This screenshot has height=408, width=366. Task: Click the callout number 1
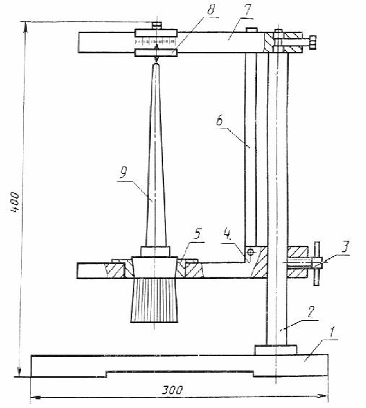[x=332, y=332]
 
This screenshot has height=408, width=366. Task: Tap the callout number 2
[x=311, y=312]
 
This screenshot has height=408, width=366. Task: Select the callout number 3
[x=345, y=247]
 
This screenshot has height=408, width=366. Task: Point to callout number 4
[x=227, y=235]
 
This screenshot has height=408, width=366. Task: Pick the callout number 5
[x=198, y=234]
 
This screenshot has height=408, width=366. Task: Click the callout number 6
[x=220, y=120]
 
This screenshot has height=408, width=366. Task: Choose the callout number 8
[x=211, y=10]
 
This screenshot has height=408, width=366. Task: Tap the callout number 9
[x=123, y=172]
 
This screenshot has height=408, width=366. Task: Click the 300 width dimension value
[x=173, y=390]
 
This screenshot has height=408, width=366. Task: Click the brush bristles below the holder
[x=154, y=300]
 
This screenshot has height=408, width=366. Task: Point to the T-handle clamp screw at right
[x=316, y=263]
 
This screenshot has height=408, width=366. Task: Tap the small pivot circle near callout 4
[x=250, y=252]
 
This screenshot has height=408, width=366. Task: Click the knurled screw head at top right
[x=313, y=42]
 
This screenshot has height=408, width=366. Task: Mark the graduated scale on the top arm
[x=155, y=41]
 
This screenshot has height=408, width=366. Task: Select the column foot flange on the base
[x=276, y=350]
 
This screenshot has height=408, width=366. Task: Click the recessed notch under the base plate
[x=180, y=373]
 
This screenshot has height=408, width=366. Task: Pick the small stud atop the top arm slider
[x=157, y=26]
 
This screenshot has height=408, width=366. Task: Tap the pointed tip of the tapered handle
[x=156, y=63]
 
